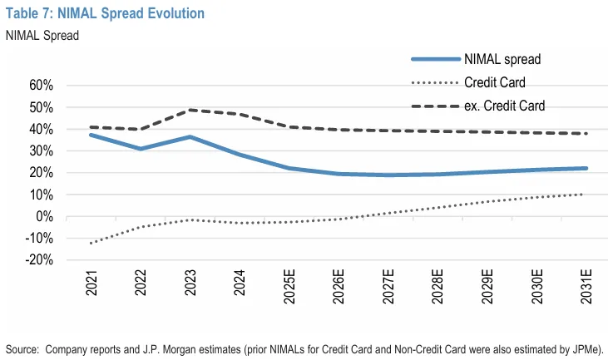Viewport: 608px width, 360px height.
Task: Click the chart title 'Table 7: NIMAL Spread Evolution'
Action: point(105,13)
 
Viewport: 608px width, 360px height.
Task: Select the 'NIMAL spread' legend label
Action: point(502,59)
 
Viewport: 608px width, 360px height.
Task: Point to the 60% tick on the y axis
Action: point(41,86)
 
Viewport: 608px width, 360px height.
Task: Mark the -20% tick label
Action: point(39,261)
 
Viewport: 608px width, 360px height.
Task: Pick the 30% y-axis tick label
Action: point(41,151)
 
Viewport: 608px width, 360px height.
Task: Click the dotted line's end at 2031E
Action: point(584,195)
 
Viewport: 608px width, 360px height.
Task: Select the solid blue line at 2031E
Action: point(584,168)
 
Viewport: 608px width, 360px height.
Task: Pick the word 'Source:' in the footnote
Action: point(23,347)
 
